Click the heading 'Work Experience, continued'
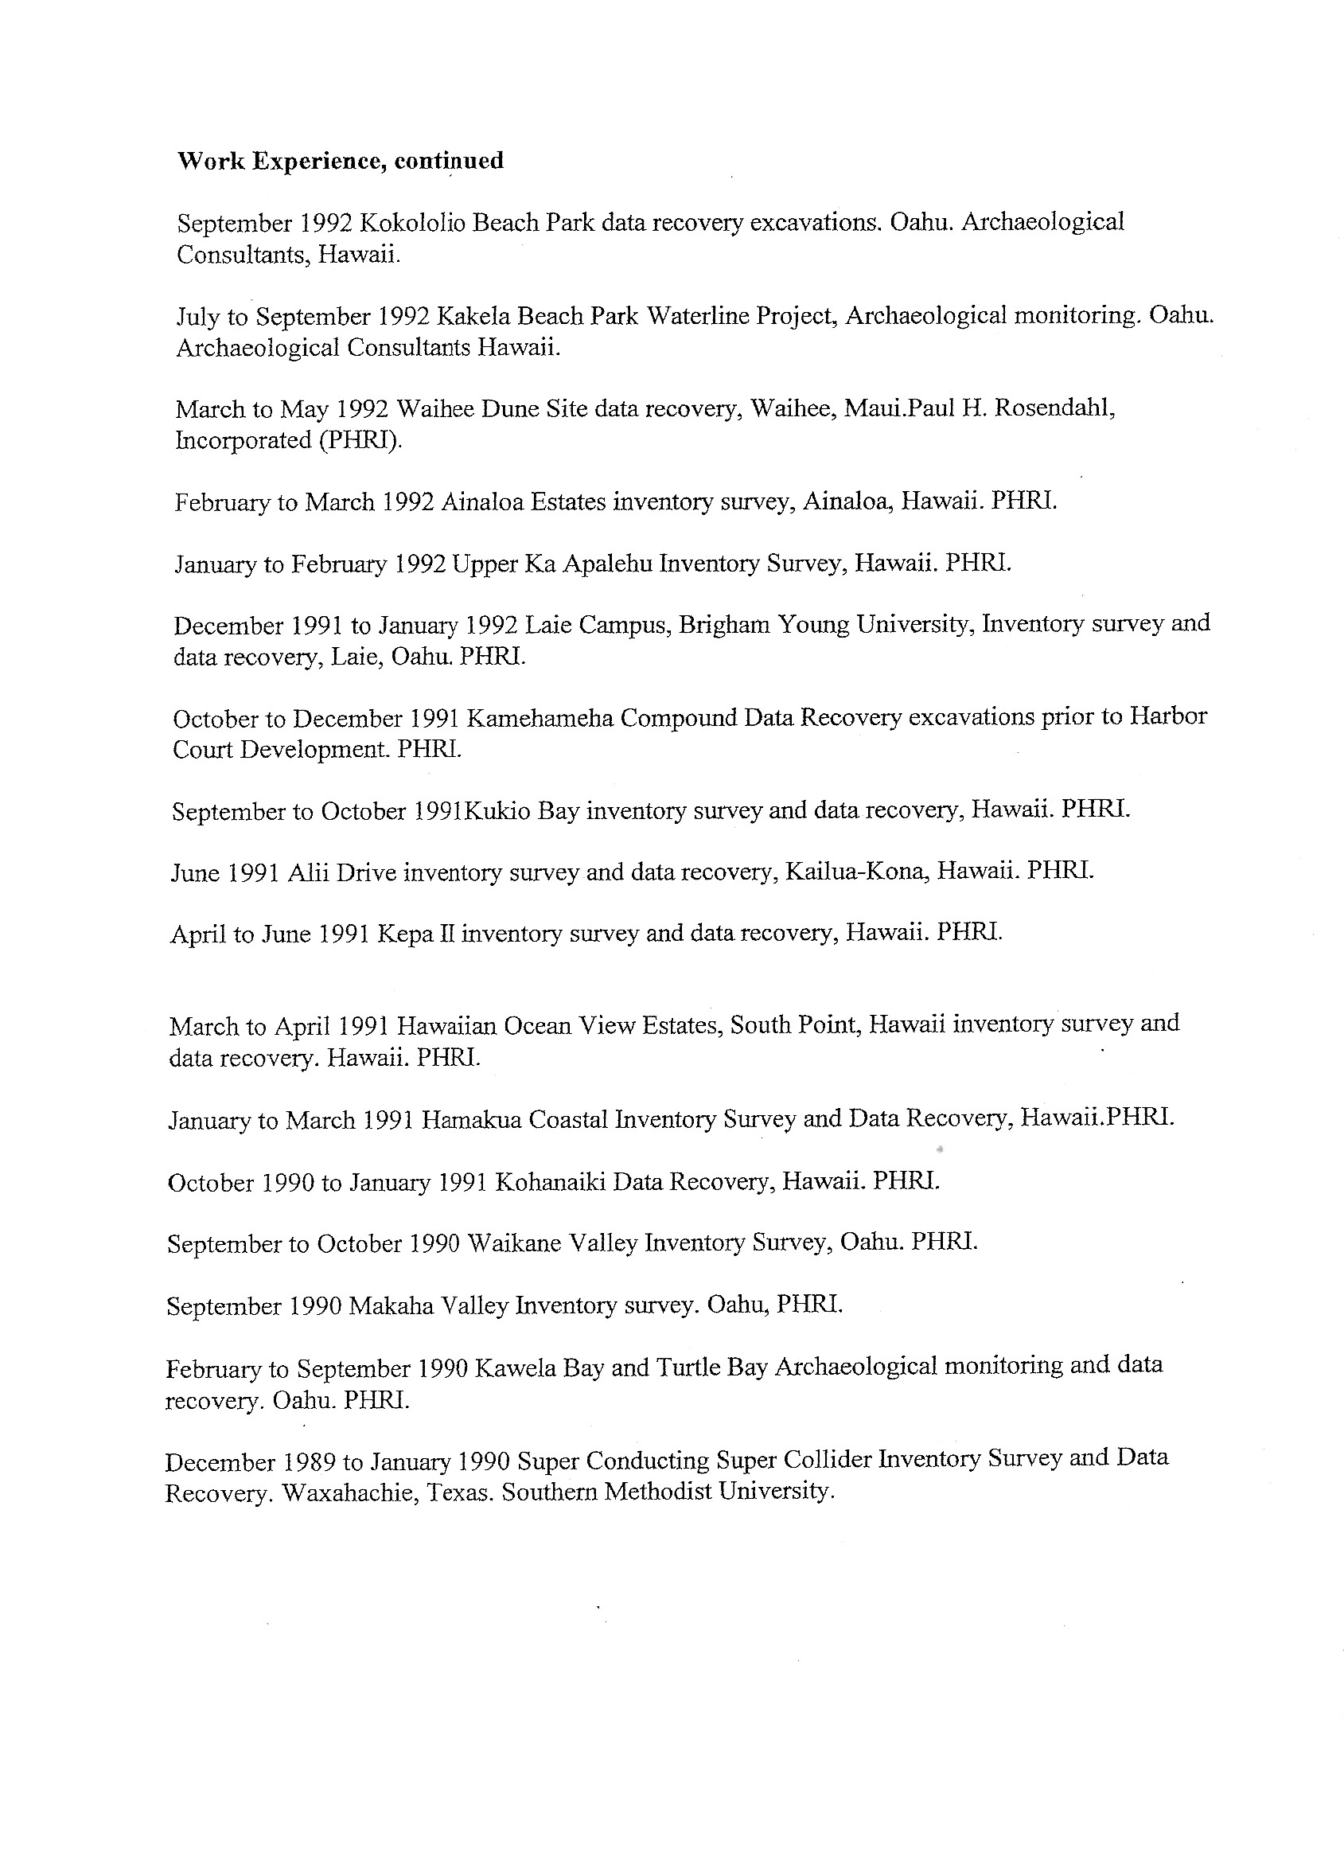coord(341,161)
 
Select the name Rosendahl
coord(1054,408)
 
